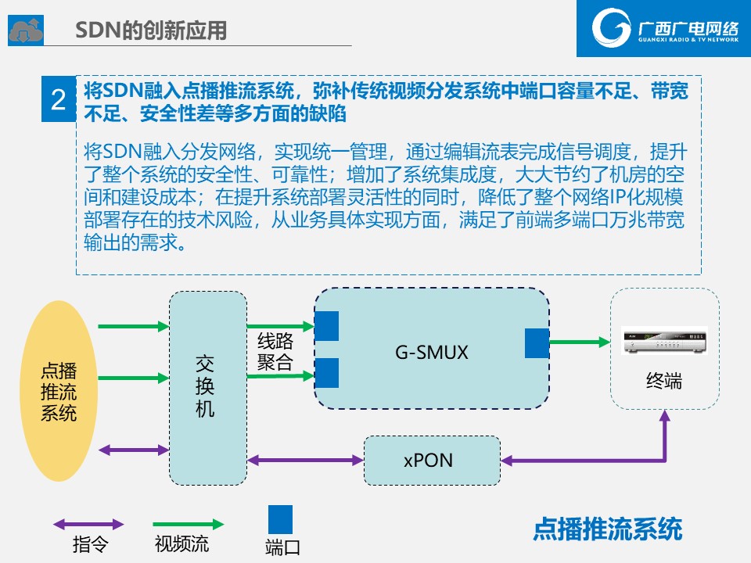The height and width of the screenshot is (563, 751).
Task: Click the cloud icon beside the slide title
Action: pyautogui.click(x=26, y=30)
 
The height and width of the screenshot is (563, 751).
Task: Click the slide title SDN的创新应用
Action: pyautogui.click(x=151, y=30)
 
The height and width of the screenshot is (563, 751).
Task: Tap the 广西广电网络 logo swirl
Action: pyautogui.click(x=611, y=27)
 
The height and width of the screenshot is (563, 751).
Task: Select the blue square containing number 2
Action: pyautogui.click(x=59, y=99)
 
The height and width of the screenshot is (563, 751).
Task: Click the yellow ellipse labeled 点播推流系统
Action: pyautogui.click(x=59, y=391)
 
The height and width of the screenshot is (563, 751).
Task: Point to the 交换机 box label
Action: pyautogui.click(x=205, y=386)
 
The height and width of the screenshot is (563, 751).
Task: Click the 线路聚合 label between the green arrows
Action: pyautogui.click(x=275, y=351)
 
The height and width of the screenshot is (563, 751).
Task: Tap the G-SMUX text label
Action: pyautogui.click(x=432, y=353)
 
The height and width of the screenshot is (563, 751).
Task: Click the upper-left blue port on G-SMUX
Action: pyautogui.click(x=327, y=326)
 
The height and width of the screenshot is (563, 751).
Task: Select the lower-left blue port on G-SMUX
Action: pyautogui.click(x=327, y=373)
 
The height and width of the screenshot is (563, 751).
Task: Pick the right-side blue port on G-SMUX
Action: pyautogui.click(x=537, y=343)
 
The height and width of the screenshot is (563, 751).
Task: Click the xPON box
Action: pyautogui.click(x=432, y=461)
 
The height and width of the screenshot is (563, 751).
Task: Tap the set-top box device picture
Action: pyautogui.click(x=664, y=340)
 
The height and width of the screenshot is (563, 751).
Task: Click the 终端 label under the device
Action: pyautogui.click(x=664, y=381)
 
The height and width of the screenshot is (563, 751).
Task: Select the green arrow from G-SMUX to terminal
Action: pyautogui.click(x=580, y=342)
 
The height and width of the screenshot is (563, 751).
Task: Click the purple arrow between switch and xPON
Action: pyautogui.click(x=306, y=461)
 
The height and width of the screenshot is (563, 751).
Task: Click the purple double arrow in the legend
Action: pyautogui.click(x=88, y=524)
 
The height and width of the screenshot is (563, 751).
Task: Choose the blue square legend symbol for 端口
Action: pyautogui.click(x=280, y=519)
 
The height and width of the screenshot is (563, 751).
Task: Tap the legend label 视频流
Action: pyautogui.click(x=181, y=544)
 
